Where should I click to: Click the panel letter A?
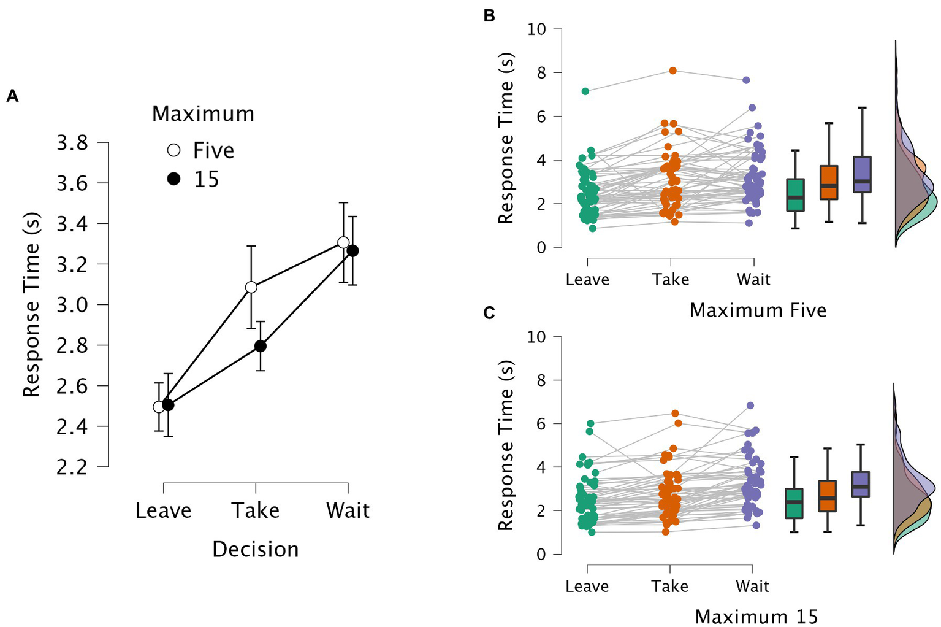pos(12,96)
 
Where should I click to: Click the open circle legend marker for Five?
pos(174,150)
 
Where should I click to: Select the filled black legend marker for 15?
pos(174,179)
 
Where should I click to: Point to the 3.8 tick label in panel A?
pos(72,143)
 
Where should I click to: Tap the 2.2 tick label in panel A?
pos(72,467)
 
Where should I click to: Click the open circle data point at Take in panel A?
pos(251,287)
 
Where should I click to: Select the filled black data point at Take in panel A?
pos(260,346)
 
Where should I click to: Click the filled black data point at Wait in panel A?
pos(352,251)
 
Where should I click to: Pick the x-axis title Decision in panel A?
pos(255,550)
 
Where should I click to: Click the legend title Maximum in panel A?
pos(203,114)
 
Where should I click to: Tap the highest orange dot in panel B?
pos(672,71)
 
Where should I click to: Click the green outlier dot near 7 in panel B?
pos(585,91)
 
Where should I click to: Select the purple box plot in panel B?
pos(863,175)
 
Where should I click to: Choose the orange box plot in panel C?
pos(828,496)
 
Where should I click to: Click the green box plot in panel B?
pos(795,195)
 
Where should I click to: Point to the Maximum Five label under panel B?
pos(758,310)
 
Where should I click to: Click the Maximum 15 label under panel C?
pos(756,617)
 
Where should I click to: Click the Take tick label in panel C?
pos(669,587)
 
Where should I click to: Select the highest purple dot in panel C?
pos(750,406)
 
